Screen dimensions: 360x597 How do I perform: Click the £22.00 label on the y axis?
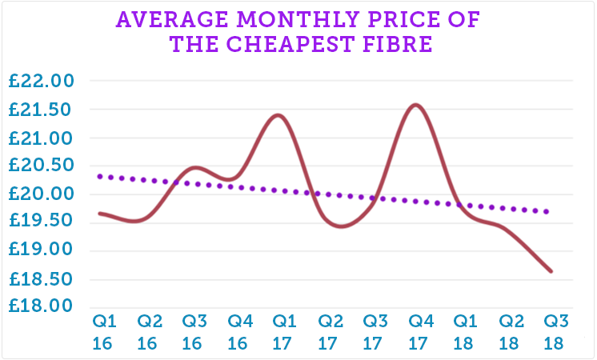40,82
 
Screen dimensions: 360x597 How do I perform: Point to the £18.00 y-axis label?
40,306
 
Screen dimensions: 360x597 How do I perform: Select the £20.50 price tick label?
40,166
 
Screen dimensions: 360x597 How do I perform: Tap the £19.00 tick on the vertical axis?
40,250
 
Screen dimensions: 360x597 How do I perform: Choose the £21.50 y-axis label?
40,110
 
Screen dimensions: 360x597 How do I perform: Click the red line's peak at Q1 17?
278,115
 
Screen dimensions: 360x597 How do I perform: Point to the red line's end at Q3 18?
551,271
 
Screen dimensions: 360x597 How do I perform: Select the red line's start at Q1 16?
99,213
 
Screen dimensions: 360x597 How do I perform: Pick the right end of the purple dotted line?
548,212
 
